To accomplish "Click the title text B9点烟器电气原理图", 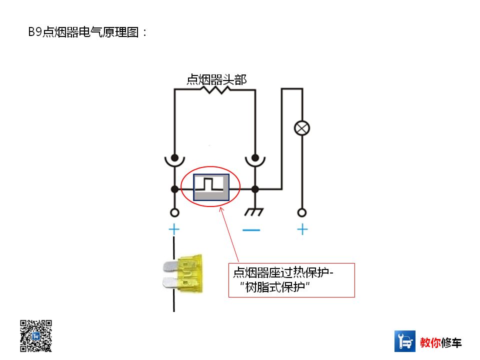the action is coord(87,32).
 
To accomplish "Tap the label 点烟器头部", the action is coord(216,79).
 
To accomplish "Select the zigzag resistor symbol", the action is coord(214,90).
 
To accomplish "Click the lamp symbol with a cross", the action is coord(301,128).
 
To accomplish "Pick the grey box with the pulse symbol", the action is coord(211,187).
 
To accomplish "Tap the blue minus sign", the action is coord(251,230).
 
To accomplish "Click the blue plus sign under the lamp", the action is coord(302,229).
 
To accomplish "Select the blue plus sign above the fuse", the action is coord(174,230).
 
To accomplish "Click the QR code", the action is coord(36,335).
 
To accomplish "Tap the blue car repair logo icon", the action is coord(405,341).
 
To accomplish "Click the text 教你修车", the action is coord(441,342).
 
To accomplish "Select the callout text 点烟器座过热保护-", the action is coord(283,273).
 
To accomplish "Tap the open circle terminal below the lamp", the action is coord(301,212).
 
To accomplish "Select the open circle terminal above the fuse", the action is coord(174,212).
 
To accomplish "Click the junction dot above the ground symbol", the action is coord(255,189).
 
